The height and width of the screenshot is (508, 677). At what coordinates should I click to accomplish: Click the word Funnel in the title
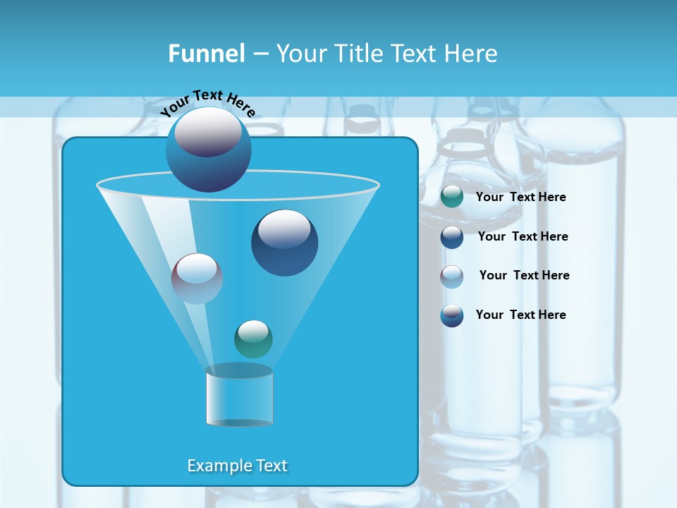(206, 54)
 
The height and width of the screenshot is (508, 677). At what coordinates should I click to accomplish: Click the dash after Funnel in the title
(260, 54)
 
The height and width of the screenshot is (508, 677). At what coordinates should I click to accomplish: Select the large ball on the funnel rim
(208, 149)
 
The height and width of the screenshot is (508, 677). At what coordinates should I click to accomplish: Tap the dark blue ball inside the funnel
(284, 243)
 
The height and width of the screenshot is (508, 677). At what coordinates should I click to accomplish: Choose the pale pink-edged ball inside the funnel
(197, 278)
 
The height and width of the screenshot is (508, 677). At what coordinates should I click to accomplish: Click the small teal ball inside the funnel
(253, 339)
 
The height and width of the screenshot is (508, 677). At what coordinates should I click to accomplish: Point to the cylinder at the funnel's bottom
(239, 396)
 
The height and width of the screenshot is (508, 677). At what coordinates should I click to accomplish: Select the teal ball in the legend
(452, 197)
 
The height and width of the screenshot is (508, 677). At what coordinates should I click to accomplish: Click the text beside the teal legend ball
(520, 197)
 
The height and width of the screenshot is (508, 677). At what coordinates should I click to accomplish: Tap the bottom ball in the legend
(452, 315)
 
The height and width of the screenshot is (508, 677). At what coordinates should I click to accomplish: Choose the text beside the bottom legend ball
(520, 315)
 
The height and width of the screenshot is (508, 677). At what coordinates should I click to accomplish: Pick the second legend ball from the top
(452, 237)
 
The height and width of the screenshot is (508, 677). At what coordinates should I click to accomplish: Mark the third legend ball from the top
(452, 277)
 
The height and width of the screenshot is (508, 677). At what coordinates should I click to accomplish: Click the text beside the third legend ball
(524, 275)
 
